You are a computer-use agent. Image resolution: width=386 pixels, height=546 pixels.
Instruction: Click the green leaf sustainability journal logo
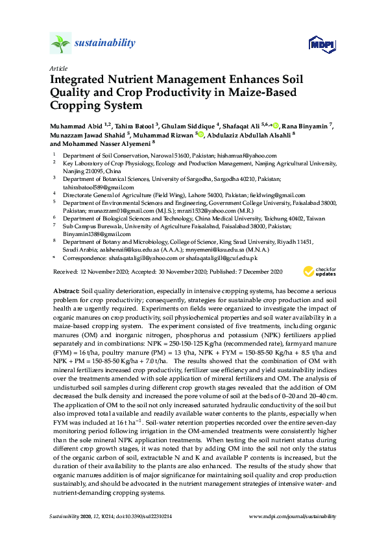click(x=60, y=43)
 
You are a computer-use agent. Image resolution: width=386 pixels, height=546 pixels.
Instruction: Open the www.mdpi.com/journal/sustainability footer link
click(x=293, y=516)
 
